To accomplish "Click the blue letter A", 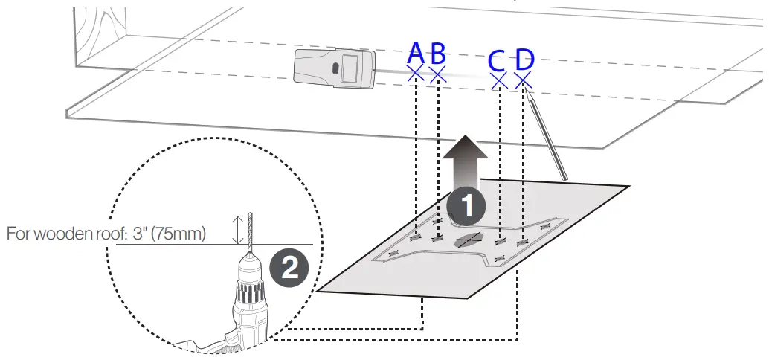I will click(415, 53).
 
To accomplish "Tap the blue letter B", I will click(438, 53).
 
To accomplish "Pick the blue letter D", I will click(524, 60).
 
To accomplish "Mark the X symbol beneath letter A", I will click(415, 73).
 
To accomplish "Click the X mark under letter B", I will click(438, 73).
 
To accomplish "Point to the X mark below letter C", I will click(498, 80).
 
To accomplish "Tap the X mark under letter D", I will click(523, 80).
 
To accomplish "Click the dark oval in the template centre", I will click(467, 240).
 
